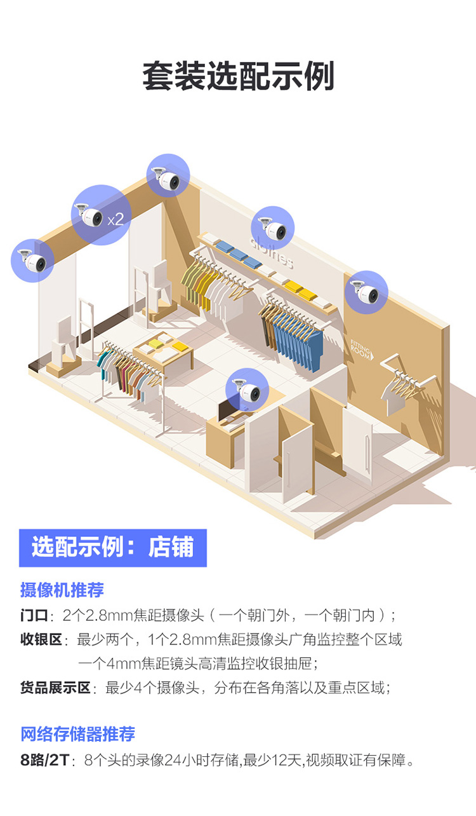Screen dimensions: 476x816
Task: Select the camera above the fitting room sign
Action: [x=366, y=292]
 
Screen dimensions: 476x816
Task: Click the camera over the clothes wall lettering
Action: [x=272, y=228]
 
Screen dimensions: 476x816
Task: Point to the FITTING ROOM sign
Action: [x=361, y=350]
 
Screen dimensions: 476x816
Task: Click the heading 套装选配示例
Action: [x=238, y=76]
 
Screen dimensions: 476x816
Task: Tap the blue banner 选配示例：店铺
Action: [x=113, y=548]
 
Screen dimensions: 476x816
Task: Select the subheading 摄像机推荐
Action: [x=62, y=590]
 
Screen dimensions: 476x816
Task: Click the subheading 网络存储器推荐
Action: [x=77, y=733]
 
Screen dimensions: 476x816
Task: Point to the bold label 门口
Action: [x=34, y=615]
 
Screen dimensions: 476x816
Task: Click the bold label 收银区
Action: [x=41, y=639]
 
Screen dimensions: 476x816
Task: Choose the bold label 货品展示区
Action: [x=55, y=688]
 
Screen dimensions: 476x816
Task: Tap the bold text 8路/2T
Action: [x=44, y=760]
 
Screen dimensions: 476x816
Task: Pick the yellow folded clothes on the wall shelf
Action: [x=301, y=290]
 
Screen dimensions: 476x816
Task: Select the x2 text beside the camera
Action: [x=116, y=219]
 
